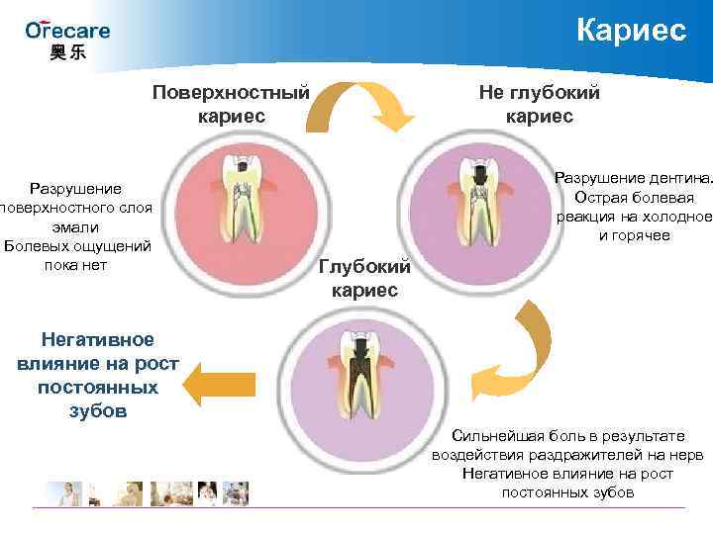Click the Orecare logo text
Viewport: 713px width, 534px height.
pos(67,30)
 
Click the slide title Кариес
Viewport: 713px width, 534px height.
pos(631,30)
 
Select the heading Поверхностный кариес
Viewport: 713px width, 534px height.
pos(231,104)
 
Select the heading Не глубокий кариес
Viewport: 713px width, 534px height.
pos(539,104)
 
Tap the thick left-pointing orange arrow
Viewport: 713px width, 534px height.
pos(221,384)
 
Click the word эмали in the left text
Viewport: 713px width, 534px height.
pos(75,226)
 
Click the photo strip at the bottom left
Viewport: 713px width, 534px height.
pos(149,492)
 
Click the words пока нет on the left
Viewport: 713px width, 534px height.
pos(75,265)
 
